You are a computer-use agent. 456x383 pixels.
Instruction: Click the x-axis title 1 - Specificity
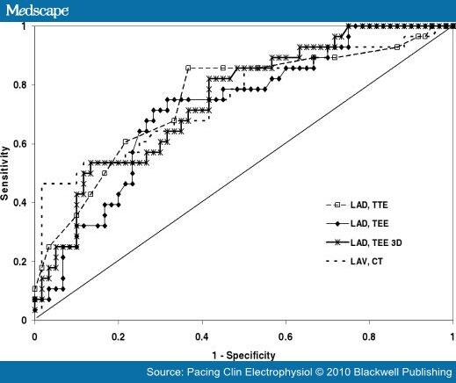(x=243, y=354)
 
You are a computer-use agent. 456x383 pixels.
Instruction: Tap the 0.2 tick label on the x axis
(x=118, y=336)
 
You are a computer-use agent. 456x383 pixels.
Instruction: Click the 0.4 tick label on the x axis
(x=201, y=336)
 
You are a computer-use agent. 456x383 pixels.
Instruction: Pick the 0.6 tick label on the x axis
(x=286, y=336)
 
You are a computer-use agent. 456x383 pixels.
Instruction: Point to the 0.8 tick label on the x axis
(x=369, y=336)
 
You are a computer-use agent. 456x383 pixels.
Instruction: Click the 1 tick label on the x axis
(x=452, y=336)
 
